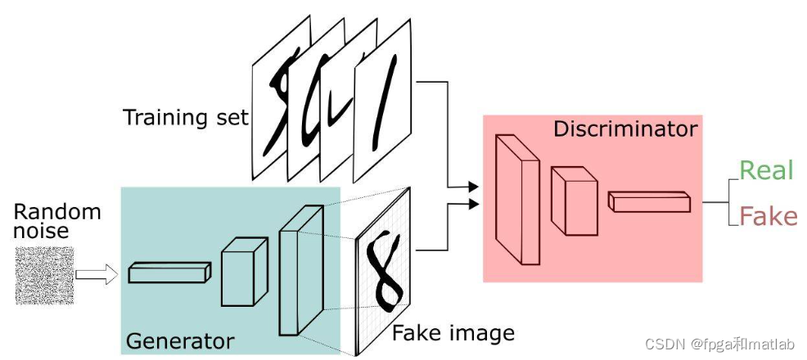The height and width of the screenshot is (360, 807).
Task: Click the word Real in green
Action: (x=766, y=170)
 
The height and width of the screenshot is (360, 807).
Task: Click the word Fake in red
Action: (x=768, y=216)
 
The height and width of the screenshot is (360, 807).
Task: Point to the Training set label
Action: (x=185, y=117)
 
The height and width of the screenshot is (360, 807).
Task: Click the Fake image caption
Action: (x=453, y=333)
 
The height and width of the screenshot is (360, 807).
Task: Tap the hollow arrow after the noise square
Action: (x=97, y=276)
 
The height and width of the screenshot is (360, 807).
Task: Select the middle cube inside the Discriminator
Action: (x=573, y=199)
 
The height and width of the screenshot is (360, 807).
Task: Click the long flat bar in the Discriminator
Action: (x=649, y=200)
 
